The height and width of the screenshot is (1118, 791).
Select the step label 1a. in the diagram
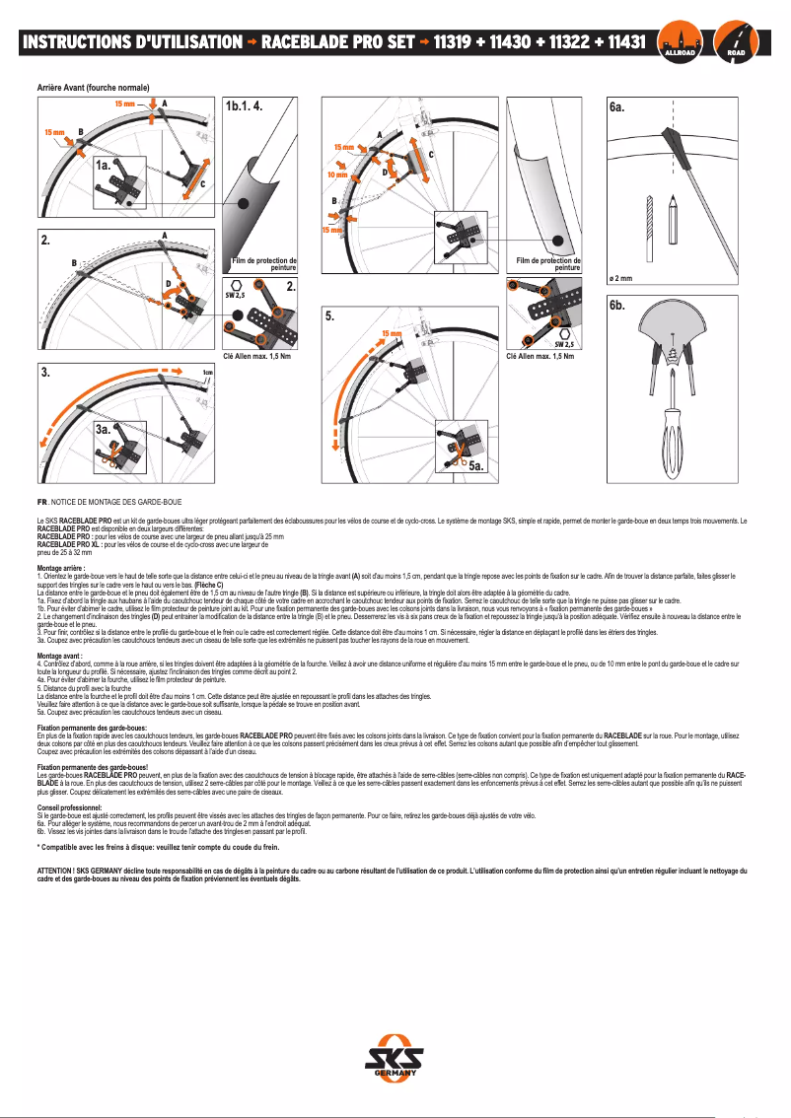[x=103, y=167]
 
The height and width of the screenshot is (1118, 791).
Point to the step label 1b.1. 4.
[x=245, y=105]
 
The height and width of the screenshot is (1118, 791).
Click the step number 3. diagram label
[x=45, y=373]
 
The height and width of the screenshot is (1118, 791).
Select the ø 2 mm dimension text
[x=619, y=279]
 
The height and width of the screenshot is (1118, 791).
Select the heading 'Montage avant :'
[x=60, y=628]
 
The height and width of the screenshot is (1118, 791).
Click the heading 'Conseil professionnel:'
[x=69, y=806]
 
